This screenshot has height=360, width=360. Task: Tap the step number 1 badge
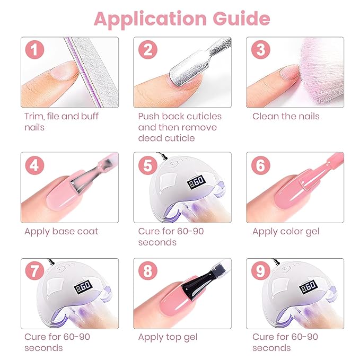click(34, 51)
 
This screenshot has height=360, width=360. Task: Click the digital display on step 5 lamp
click(197, 180)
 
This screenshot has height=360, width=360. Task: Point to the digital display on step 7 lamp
click(83, 286)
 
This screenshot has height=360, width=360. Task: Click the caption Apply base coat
click(62, 232)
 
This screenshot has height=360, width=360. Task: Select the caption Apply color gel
click(286, 232)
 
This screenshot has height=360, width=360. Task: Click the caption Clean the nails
click(286, 116)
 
